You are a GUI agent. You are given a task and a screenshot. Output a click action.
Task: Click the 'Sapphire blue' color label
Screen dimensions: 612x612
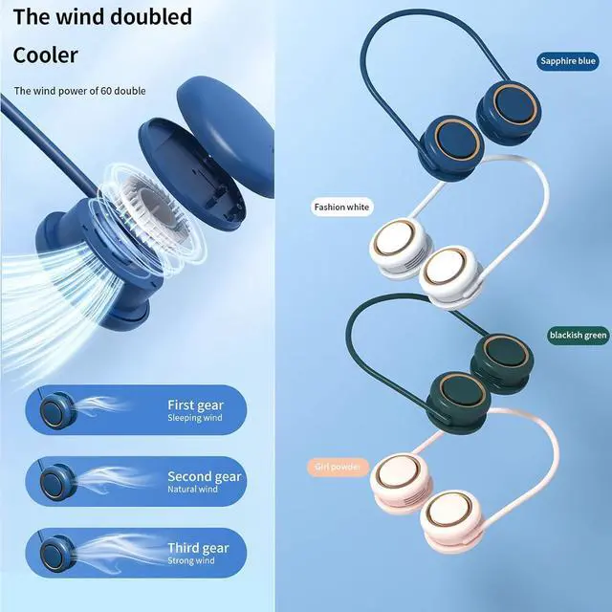pyautogui.click(x=567, y=63)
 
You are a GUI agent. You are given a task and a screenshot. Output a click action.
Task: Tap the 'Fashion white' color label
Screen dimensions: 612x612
pyautogui.click(x=342, y=207)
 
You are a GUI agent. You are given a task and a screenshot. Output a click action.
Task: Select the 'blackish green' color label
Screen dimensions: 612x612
pyautogui.click(x=578, y=335)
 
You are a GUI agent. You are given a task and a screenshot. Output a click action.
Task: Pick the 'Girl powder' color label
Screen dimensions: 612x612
pyautogui.click(x=338, y=467)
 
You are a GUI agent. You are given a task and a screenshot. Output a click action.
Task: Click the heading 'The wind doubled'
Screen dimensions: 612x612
pyautogui.click(x=102, y=16)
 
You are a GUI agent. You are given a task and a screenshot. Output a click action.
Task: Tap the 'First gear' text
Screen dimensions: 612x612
pyautogui.click(x=197, y=404)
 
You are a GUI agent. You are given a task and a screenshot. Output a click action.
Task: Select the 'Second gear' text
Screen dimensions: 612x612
pyautogui.click(x=205, y=476)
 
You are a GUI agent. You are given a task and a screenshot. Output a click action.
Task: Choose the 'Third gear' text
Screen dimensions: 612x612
pyautogui.click(x=198, y=548)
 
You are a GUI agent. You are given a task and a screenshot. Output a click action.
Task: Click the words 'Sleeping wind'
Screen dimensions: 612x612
pyautogui.click(x=195, y=419)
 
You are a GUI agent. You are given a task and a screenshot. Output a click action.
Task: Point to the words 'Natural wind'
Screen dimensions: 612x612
pyautogui.click(x=193, y=490)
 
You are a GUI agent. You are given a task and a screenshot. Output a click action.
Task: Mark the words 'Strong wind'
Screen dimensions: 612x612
pyautogui.click(x=192, y=561)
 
